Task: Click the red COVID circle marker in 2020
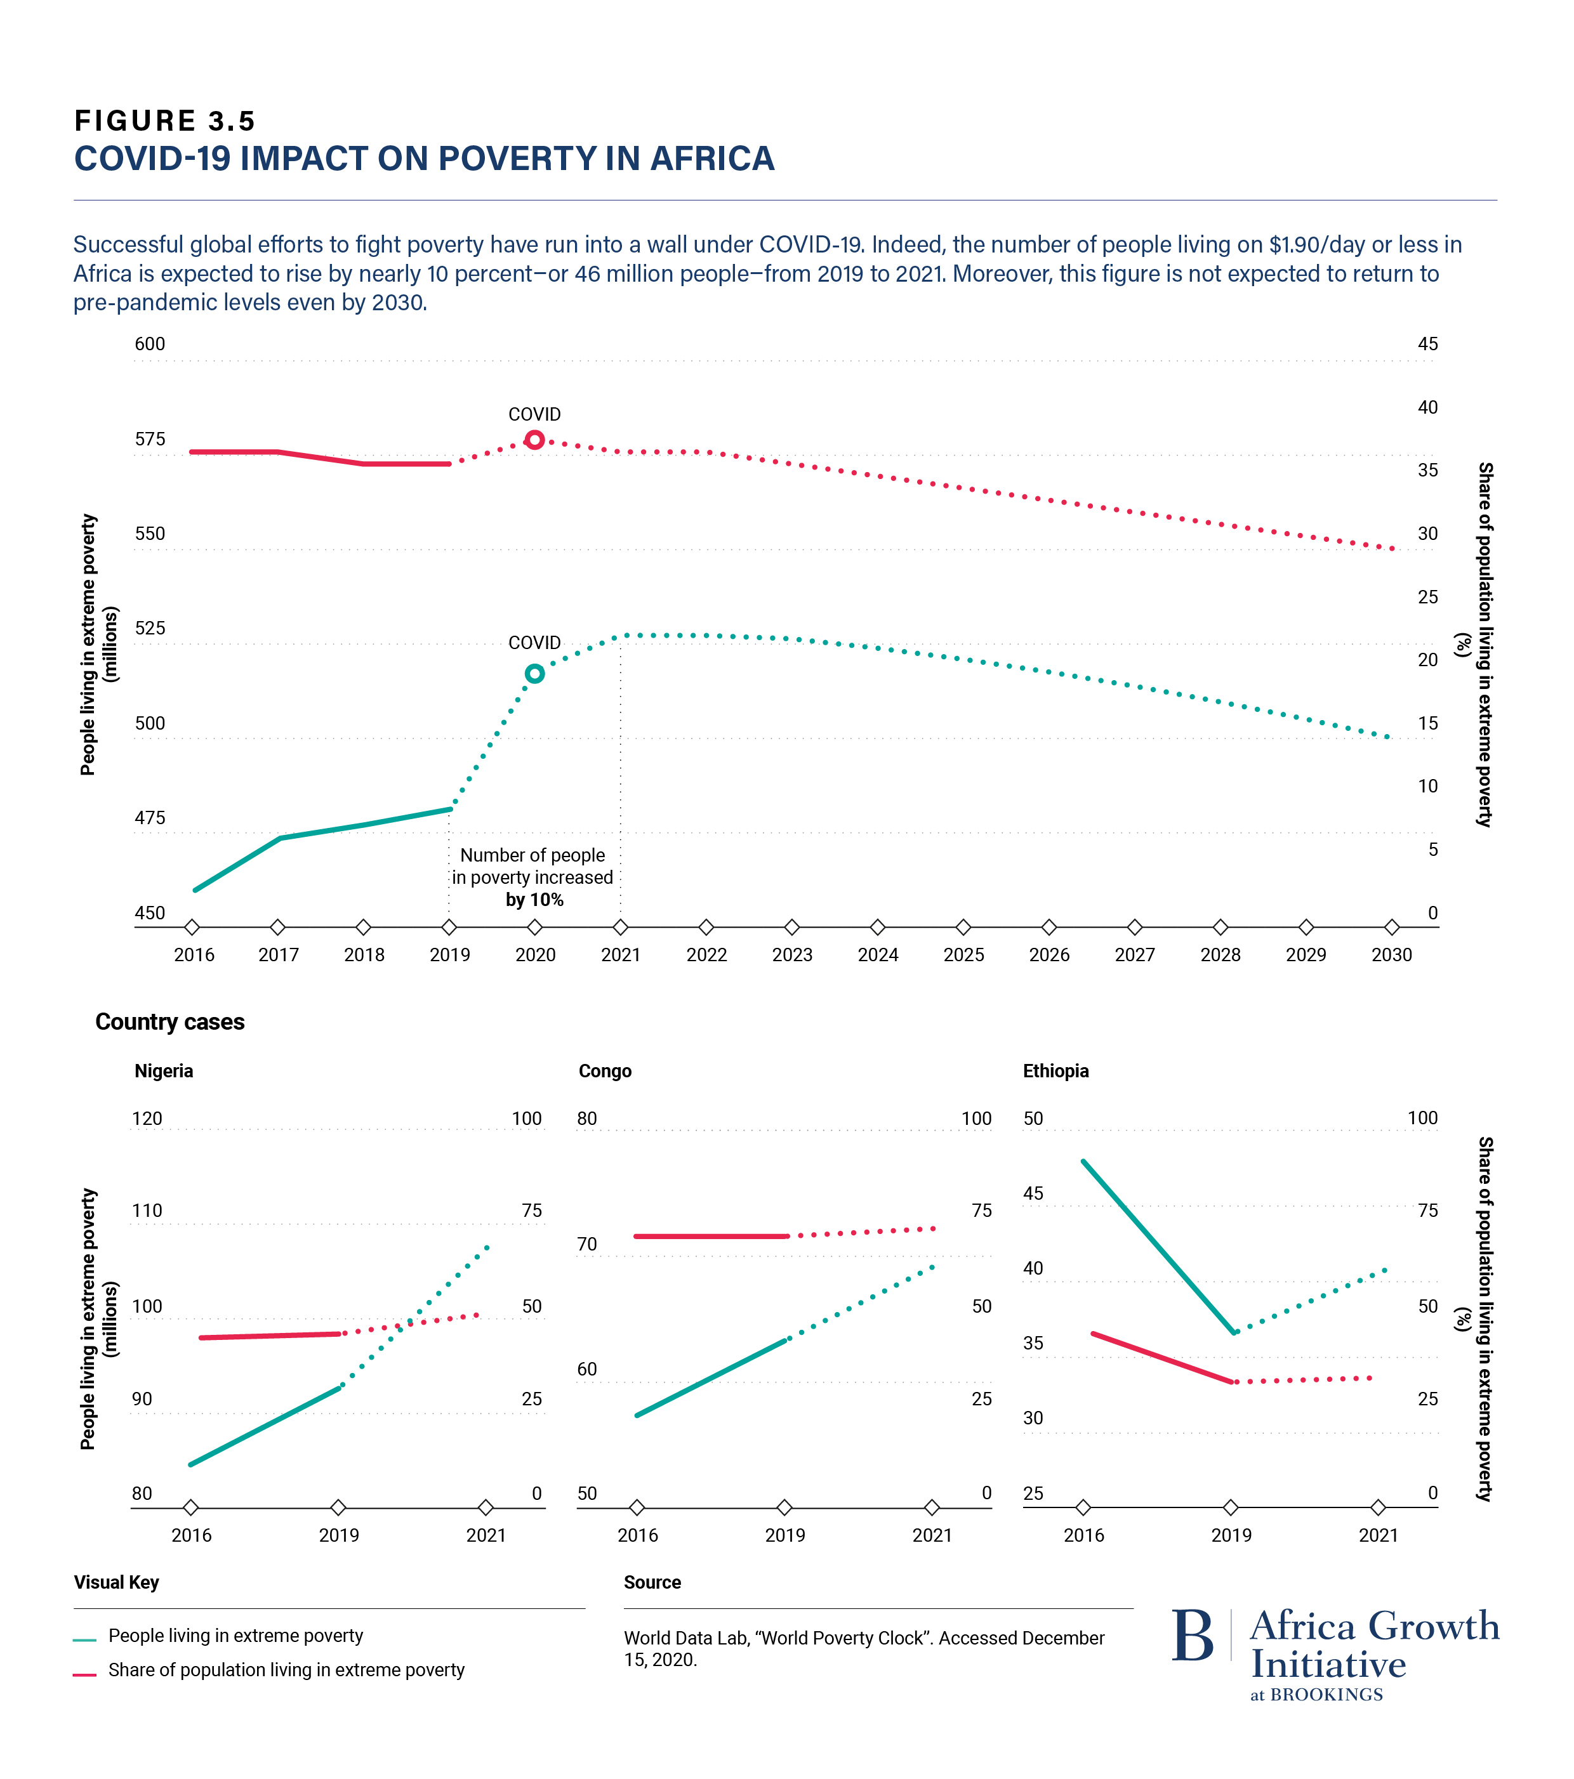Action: (534, 440)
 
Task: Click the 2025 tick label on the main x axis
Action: (963, 955)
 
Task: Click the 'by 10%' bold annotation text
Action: (534, 899)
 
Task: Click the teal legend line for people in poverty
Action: (84, 1640)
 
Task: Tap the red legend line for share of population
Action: (84, 1674)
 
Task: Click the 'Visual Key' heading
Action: (117, 1582)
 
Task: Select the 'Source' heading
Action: (652, 1582)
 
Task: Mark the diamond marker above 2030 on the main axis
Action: (1391, 927)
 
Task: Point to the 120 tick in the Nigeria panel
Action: (147, 1119)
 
